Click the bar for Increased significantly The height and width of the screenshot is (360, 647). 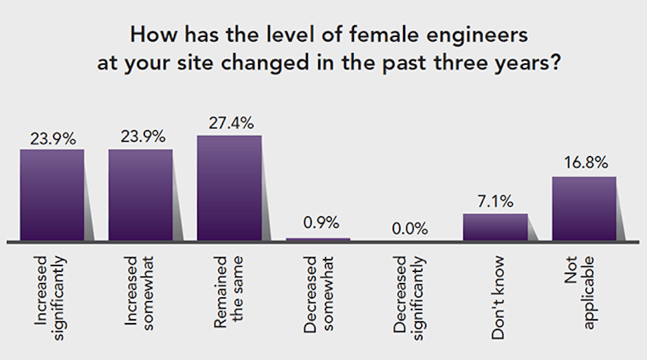pyautogui.click(x=52, y=194)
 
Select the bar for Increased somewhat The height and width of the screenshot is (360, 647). pyautogui.click(x=140, y=194)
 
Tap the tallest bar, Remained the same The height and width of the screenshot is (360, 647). pyautogui.click(x=229, y=188)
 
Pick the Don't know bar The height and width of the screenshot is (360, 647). pyautogui.click(x=495, y=227)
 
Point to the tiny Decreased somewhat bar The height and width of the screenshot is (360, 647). pyautogui.click(x=318, y=239)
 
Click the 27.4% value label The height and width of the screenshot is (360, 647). pyautogui.click(x=229, y=123)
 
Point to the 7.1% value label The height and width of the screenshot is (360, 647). pyautogui.click(x=495, y=201)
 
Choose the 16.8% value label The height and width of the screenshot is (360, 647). pyautogui.click(x=584, y=164)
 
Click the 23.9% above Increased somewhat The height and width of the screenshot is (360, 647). pyautogui.click(x=140, y=137)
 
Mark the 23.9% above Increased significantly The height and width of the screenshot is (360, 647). pyautogui.click(x=52, y=137)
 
